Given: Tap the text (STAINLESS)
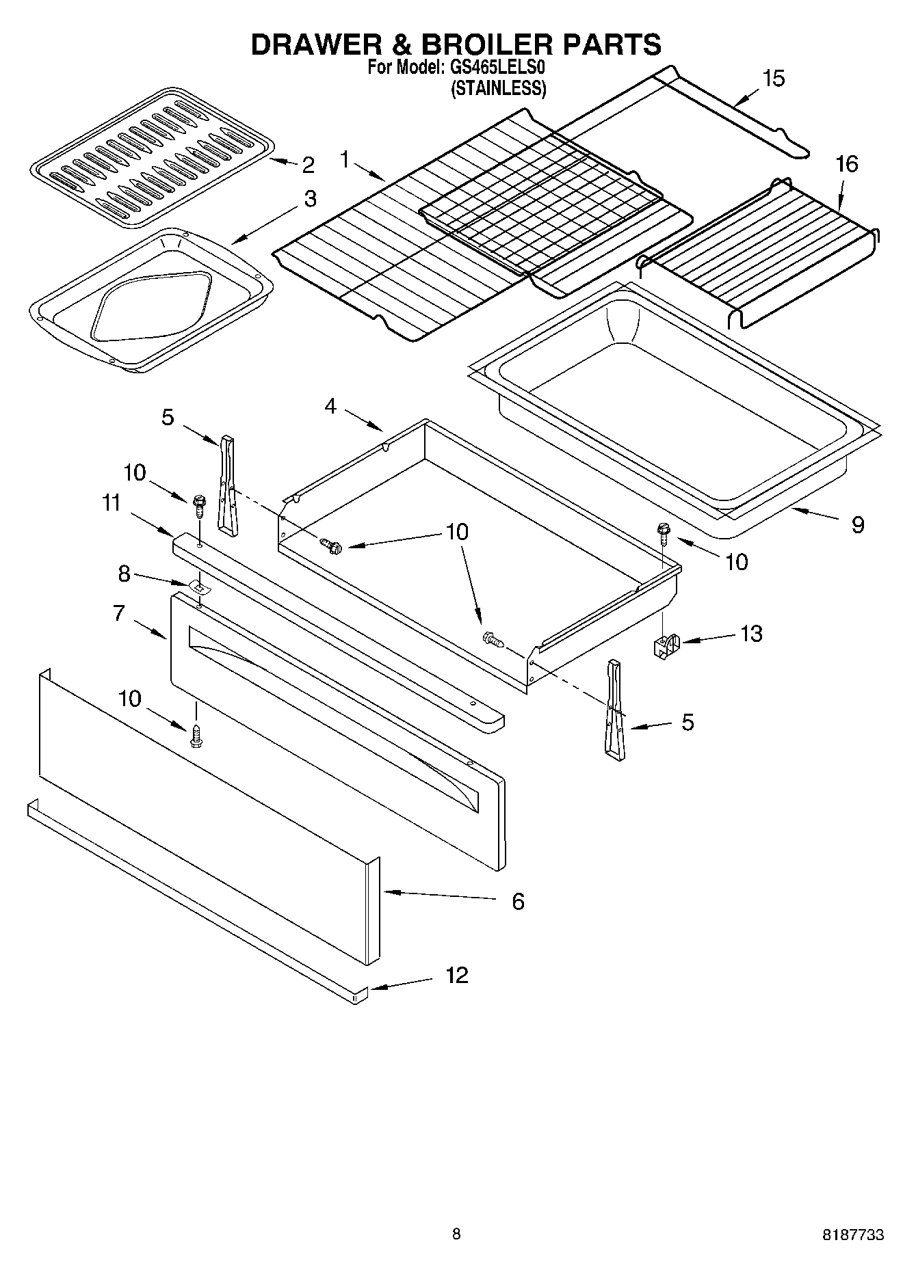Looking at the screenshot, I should (498, 89).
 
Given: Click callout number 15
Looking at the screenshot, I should (773, 79).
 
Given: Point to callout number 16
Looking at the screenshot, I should (846, 164).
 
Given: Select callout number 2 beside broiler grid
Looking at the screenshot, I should (308, 165).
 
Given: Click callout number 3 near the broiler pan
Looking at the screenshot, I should (310, 199).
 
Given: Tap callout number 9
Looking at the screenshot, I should (857, 525).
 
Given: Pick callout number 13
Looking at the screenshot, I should (750, 634).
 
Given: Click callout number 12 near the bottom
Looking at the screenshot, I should (456, 975).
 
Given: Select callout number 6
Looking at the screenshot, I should (518, 902).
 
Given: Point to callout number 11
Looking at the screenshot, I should (111, 503).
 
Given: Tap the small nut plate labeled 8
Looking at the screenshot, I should (198, 586).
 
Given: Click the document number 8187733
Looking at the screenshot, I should (852, 1235).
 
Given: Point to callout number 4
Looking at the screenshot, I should (330, 406).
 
